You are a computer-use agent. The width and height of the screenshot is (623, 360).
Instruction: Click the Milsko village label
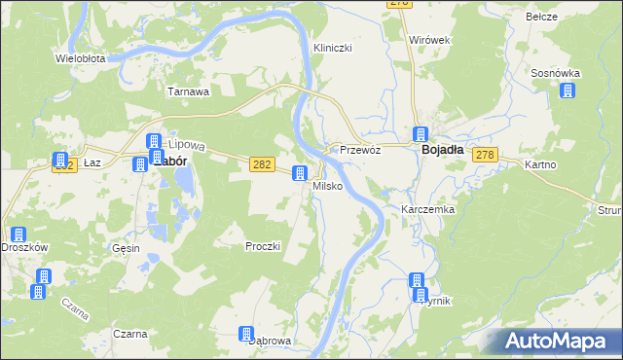(x=327, y=185)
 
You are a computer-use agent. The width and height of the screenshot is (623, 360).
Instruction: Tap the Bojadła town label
(x=447, y=151)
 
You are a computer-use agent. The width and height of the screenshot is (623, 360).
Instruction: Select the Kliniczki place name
(x=332, y=48)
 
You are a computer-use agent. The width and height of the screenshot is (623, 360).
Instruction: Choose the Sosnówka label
(x=556, y=73)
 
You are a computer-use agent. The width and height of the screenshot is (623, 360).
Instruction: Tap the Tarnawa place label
(x=189, y=92)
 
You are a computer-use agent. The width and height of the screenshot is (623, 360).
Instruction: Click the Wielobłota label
(x=81, y=58)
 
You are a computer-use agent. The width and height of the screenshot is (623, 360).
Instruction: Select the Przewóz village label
(x=358, y=151)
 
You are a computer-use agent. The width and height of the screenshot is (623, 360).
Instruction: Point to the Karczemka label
(x=428, y=209)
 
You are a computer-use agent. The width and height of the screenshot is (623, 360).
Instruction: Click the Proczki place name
(x=263, y=246)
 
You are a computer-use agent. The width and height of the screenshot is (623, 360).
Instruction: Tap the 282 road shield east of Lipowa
(x=260, y=166)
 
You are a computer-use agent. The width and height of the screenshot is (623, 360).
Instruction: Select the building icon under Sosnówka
(x=568, y=90)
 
